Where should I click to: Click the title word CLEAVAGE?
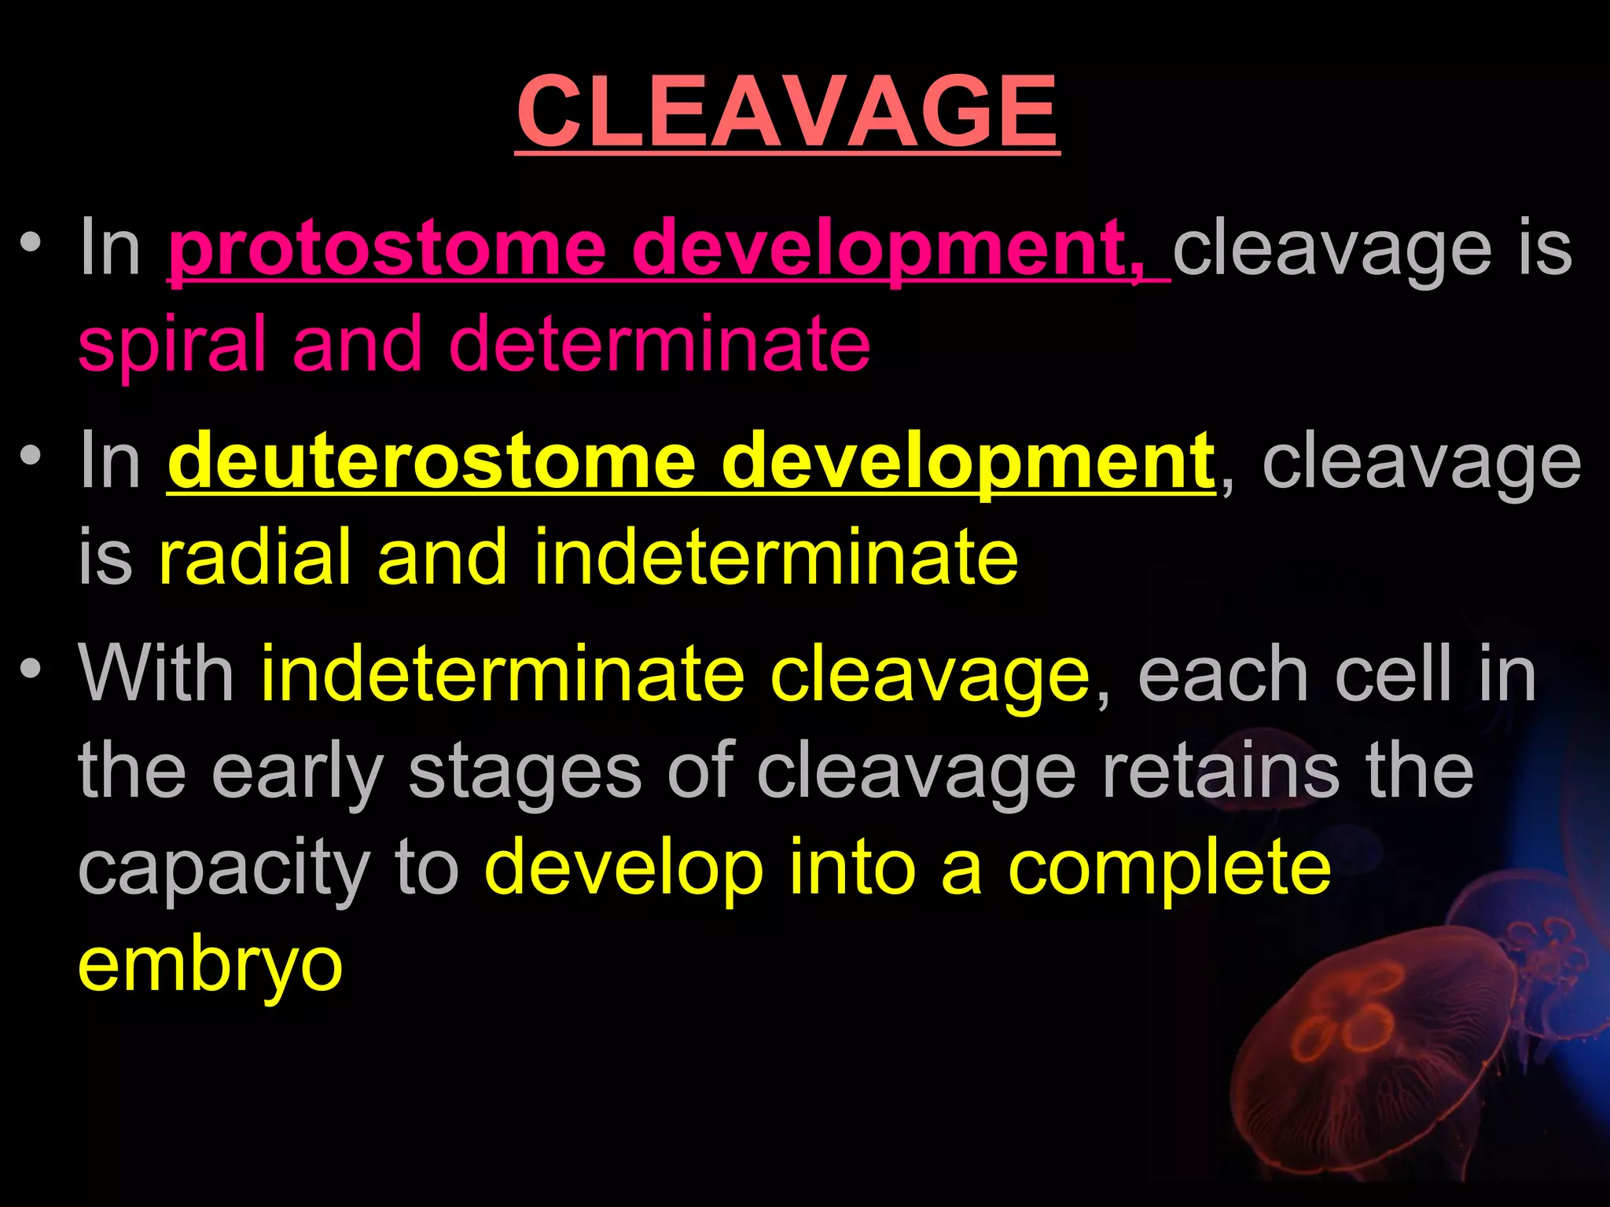(787, 112)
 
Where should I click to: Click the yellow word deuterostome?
(432, 461)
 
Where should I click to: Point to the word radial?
(255, 556)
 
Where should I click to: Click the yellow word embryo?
(210, 967)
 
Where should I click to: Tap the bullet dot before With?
(31, 669)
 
